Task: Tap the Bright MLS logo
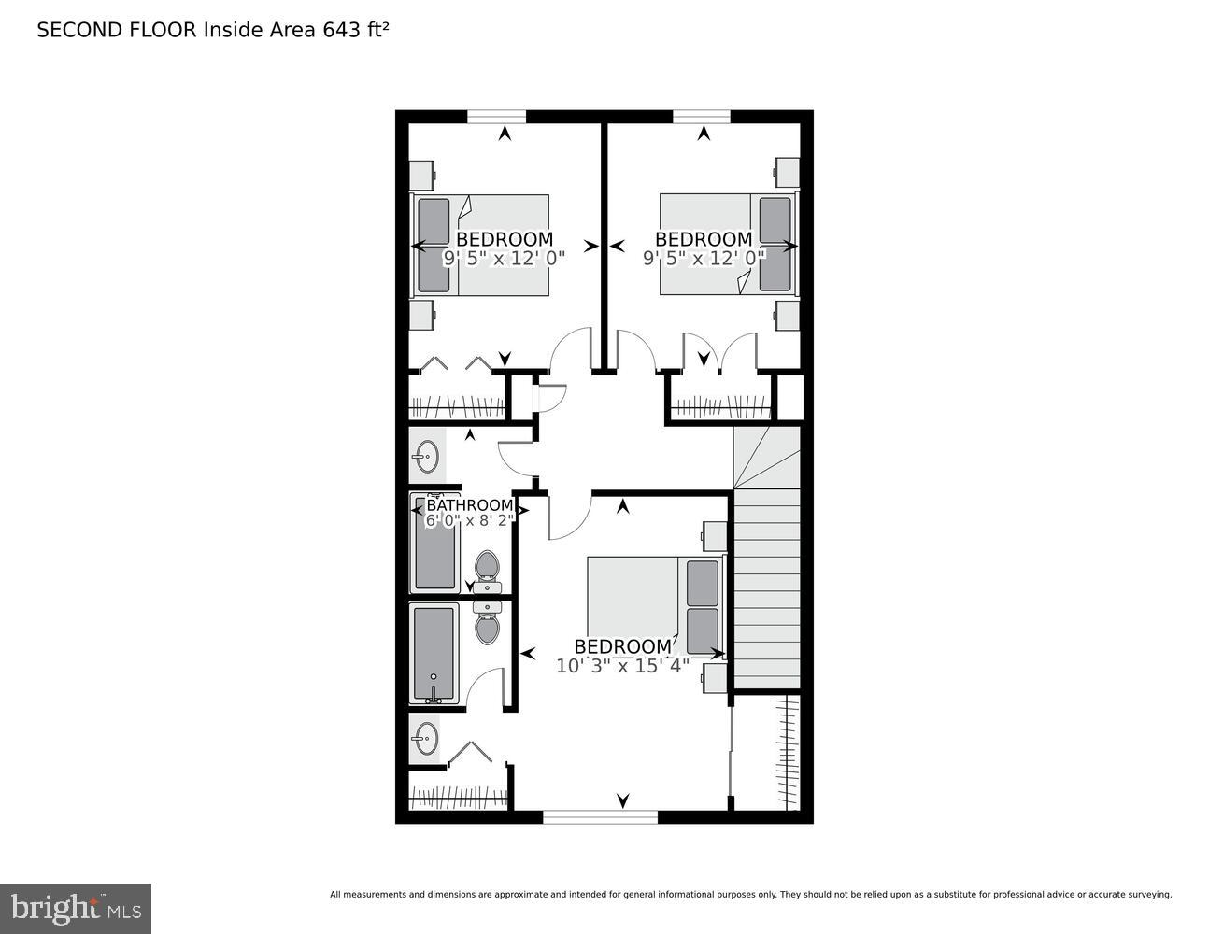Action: pyautogui.click(x=76, y=908)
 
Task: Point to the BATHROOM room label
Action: pyautogui.click(x=469, y=505)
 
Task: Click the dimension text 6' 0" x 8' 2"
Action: pyautogui.click(x=469, y=520)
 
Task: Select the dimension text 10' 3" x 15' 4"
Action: pyautogui.click(x=622, y=666)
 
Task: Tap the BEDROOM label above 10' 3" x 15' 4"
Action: pyautogui.click(x=622, y=646)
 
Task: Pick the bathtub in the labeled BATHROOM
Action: pyautogui.click(x=435, y=544)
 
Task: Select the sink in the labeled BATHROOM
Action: pyautogui.click(x=426, y=457)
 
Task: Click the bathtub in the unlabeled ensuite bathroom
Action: pyautogui.click(x=434, y=653)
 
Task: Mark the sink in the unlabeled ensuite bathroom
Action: pyautogui.click(x=426, y=738)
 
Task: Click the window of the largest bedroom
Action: pyautogui.click(x=600, y=817)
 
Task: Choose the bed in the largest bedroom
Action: pyautogui.click(x=654, y=607)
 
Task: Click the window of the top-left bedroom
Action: pyautogui.click(x=496, y=117)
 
